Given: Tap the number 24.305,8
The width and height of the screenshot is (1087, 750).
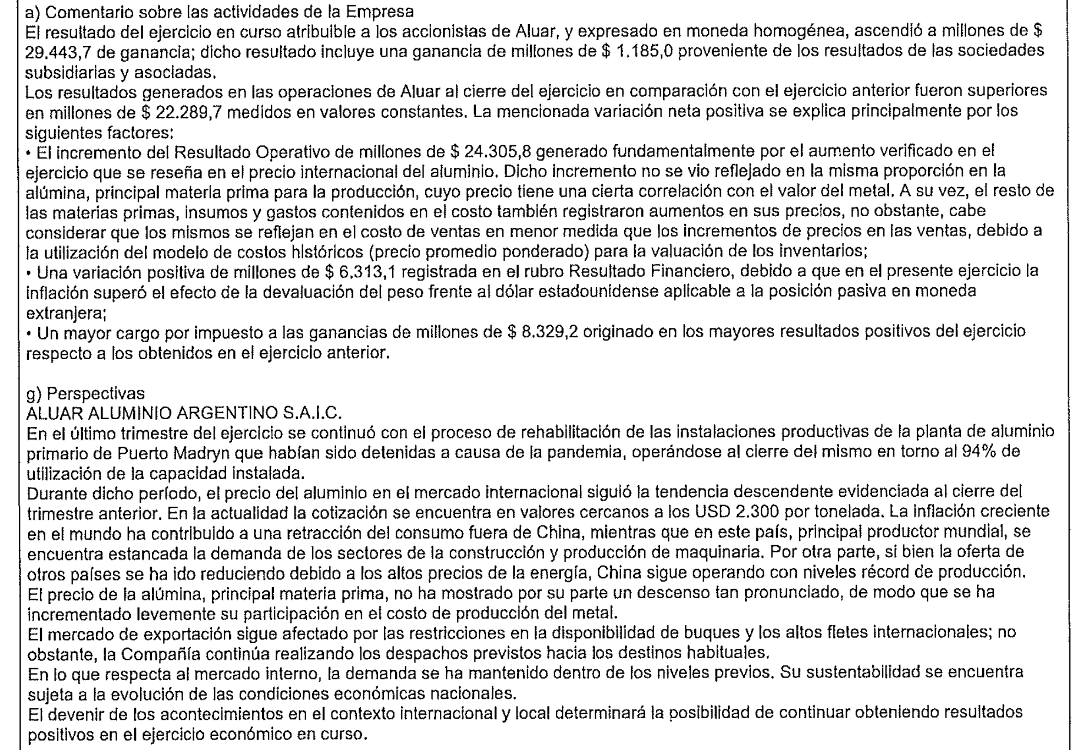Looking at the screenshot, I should (x=498, y=152).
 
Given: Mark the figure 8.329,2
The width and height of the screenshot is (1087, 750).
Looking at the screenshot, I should (x=551, y=332).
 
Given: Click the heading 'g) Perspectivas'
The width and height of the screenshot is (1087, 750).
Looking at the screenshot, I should (x=86, y=393).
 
